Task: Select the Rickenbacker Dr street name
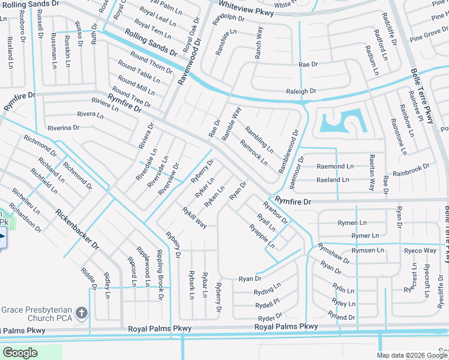coord(77,230)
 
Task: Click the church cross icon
coord(83,313)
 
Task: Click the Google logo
coord(20,353)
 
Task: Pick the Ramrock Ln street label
coord(253,152)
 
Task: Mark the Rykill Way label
coord(194,217)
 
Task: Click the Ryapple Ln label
coord(262,236)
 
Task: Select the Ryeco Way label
coord(420,250)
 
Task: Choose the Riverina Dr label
coord(64,128)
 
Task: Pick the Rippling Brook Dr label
coord(161,274)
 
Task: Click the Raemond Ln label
coord(336,166)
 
